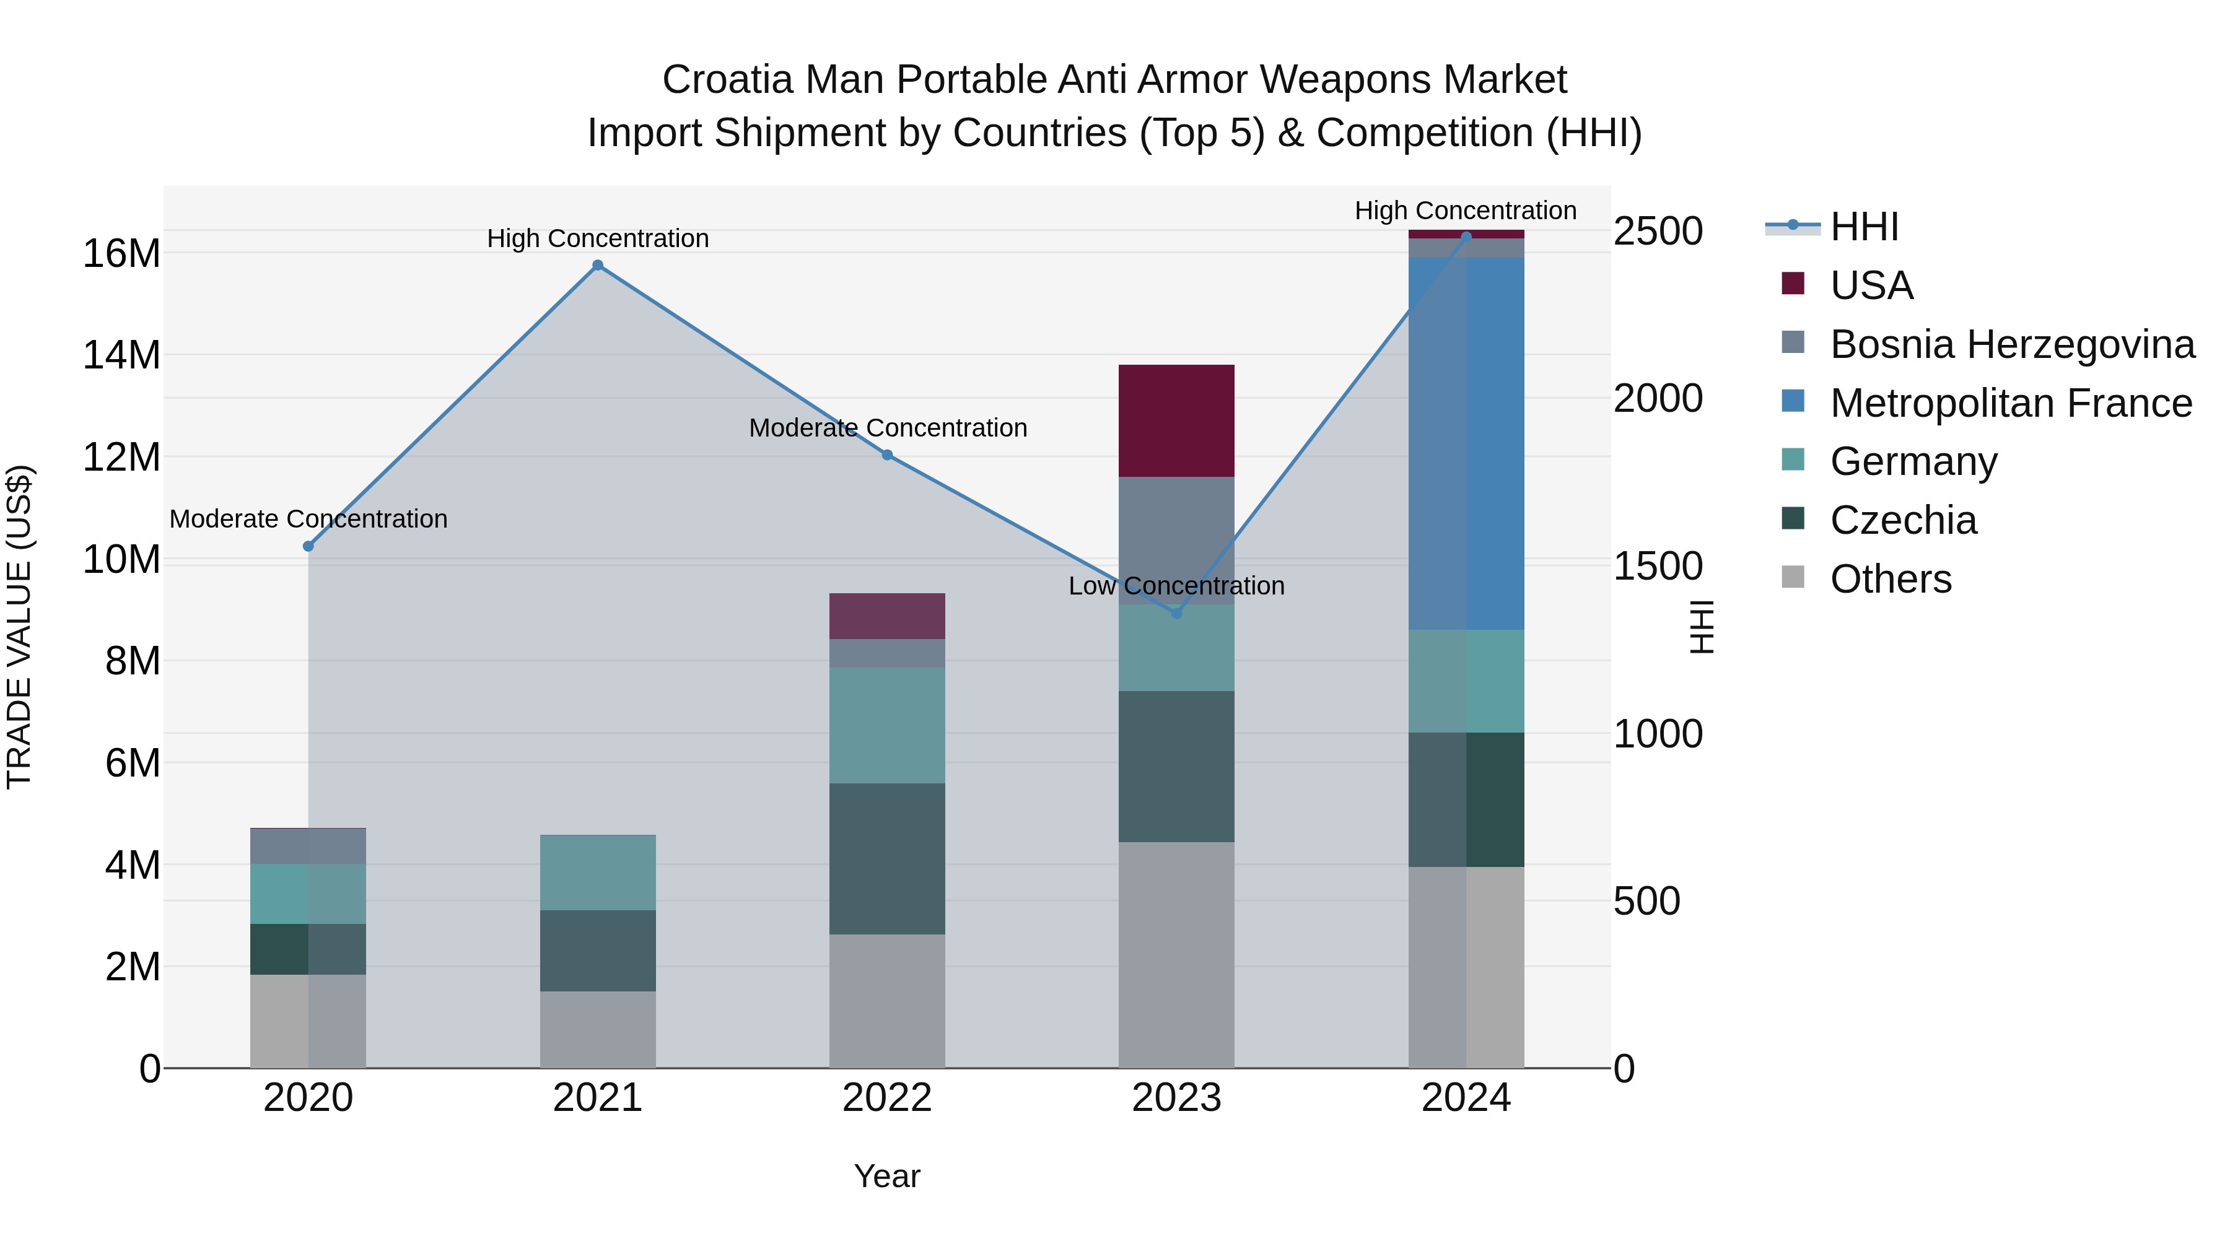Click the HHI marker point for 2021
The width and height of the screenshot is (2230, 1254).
tap(597, 266)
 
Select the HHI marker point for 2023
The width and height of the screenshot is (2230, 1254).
tap(1176, 612)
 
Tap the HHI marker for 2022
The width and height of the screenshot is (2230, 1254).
tap(886, 455)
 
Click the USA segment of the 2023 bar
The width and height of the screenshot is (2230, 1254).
tap(1176, 420)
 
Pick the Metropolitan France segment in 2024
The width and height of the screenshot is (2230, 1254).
tap(1466, 443)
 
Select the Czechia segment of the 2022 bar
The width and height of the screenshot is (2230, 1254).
tap(886, 858)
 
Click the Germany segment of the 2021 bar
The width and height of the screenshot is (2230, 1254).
tap(597, 873)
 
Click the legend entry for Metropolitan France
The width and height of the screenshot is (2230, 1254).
tap(2010, 403)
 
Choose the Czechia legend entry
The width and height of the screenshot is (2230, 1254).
tap(1903, 520)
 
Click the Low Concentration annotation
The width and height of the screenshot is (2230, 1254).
tap(1176, 586)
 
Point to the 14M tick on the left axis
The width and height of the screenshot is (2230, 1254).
tap(121, 355)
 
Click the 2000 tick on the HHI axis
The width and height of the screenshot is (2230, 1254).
tap(1658, 399)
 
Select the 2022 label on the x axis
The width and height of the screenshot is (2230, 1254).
tap(886, 1098)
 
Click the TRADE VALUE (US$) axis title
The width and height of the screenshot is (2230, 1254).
tap(19, 627)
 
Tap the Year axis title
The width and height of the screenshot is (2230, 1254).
tap(886, 1176)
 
